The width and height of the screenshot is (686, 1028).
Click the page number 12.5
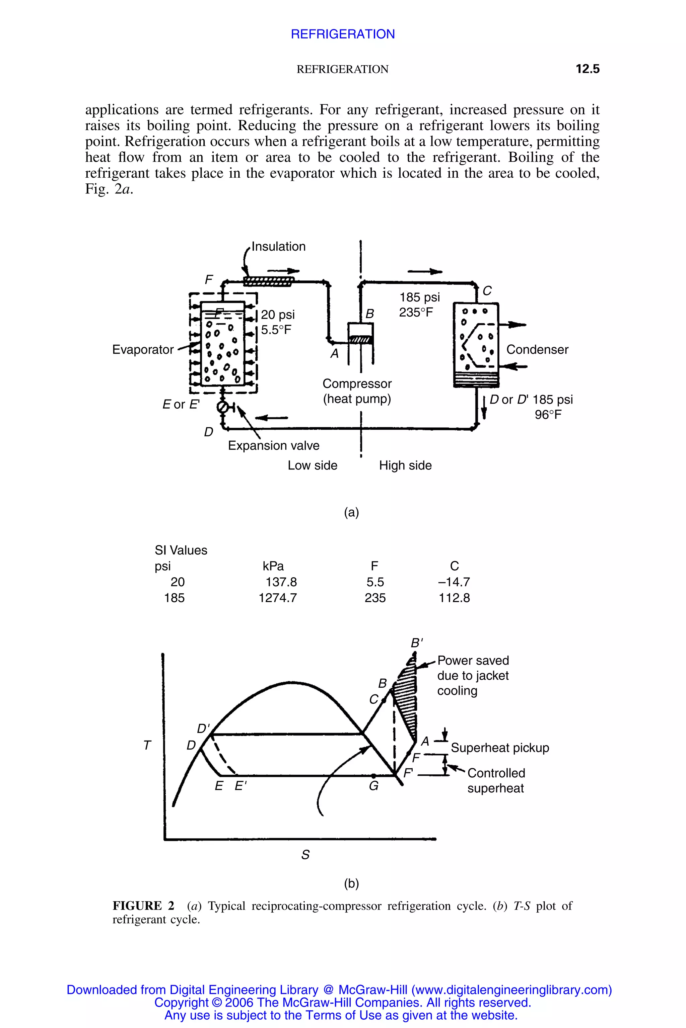click(x=587, y=69)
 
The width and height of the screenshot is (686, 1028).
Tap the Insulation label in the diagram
click(x=279, y=247)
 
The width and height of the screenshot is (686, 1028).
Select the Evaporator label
click(x=143, y=350)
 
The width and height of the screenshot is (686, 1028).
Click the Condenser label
click(x=537, y=350)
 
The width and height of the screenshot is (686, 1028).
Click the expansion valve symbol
click(x=223, y=407)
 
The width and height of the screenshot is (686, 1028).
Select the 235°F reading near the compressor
click(x=416, y=313)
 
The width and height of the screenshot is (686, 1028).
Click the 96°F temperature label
click(x=548, y=415)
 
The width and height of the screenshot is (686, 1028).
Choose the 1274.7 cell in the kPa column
click(x=278, y=598)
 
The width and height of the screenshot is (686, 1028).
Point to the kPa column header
click(x=273, y=567)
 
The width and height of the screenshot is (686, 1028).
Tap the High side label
click(x=405, y=465)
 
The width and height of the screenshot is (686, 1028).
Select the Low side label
click(x=313, y=465)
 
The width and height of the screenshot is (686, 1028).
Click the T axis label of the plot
click(x=147, y=746)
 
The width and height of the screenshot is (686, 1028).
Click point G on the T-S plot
click(x=373, y=776)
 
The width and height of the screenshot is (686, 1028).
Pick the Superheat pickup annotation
click(x=500, y=748)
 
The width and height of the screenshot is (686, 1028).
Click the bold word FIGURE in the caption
click(x=137, y=906)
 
